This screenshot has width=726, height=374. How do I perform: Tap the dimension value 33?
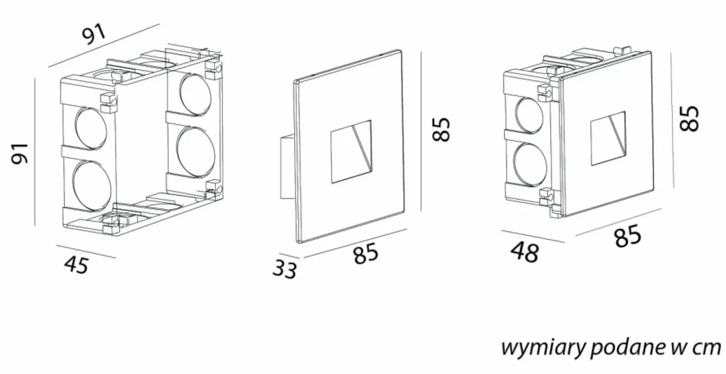[x=285, y=269]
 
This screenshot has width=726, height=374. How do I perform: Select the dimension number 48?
[x=524, y=253]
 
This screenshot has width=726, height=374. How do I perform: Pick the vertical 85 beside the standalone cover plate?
[x=441, y=129]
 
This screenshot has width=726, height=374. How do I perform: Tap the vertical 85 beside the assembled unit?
[x=689, y=118]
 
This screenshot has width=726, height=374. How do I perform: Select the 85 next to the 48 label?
[x=627, y=236]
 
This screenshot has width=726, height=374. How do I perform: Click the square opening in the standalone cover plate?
[x=350, y=152]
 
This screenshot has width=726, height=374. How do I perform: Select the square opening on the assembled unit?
[x=608, y=138]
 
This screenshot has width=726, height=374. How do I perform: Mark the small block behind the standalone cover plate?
[x=287, y=167]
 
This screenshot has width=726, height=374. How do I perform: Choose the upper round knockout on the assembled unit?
[x=531, y=114]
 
